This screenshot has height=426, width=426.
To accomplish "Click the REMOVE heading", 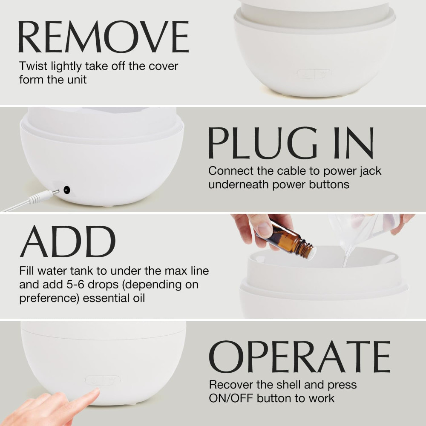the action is (104, 36).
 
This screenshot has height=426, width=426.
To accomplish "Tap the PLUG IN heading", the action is (291, 143).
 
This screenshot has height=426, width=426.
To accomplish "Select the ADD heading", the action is (68, 242).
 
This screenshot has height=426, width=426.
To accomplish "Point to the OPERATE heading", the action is (299, 357).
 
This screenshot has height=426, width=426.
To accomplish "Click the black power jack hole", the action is (66, 190).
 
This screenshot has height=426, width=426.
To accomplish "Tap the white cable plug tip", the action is (56, 192).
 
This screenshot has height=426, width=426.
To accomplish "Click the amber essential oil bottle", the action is (286, 239).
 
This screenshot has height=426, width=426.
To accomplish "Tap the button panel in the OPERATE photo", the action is (103, 380).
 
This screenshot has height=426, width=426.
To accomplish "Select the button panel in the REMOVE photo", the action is (314, 74).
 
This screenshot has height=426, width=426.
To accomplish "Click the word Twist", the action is (33, 66).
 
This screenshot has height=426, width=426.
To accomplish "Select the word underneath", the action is (239, 184).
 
